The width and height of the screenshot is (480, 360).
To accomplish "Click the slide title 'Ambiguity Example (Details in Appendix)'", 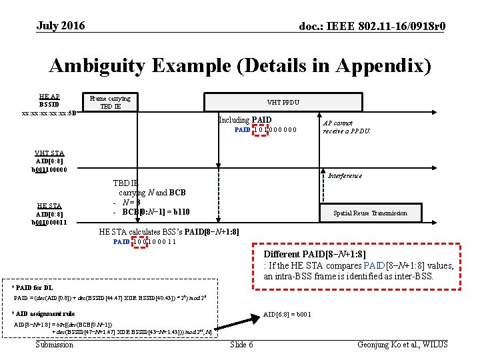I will (240, 66).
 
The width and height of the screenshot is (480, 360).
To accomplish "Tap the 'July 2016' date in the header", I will (61, 26).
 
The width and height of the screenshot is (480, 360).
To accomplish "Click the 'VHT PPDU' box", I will (283, 102).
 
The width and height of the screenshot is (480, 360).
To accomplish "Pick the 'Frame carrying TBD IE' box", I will (110, 102).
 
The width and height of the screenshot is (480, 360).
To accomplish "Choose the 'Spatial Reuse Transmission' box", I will (370, 213).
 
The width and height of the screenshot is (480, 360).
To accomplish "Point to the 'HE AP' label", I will (49, 96).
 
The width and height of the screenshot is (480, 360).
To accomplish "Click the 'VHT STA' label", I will (49, 153).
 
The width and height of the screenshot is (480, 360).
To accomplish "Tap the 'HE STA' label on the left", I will (49, 205).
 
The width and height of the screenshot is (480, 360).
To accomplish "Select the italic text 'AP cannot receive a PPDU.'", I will (347, 127).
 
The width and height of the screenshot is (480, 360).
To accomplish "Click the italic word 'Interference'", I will (345, 175).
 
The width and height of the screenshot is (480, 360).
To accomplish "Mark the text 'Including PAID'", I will (245, 120).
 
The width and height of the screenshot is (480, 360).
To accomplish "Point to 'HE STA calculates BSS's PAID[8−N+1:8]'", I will (169, 232).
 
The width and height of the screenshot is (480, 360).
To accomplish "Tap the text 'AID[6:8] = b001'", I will (287, 314).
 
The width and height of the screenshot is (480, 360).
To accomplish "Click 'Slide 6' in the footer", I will (241, 344).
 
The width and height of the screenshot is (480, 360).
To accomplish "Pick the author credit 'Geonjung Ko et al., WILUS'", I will (403, 344).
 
